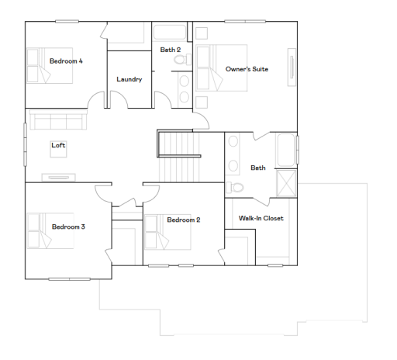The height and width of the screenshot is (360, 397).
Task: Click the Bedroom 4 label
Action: [66, 61]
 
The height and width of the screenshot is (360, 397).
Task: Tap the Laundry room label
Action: [129, 79]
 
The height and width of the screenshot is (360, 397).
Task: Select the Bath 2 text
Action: [171, 50]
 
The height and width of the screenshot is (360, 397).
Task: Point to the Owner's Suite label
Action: [247, 69]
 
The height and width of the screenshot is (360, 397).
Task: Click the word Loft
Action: [58, 145]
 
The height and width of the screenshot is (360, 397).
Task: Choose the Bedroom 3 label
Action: [68, 227]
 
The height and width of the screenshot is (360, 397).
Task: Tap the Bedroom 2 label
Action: [184, 220]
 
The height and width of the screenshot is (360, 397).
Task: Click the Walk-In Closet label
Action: [261, 218]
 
